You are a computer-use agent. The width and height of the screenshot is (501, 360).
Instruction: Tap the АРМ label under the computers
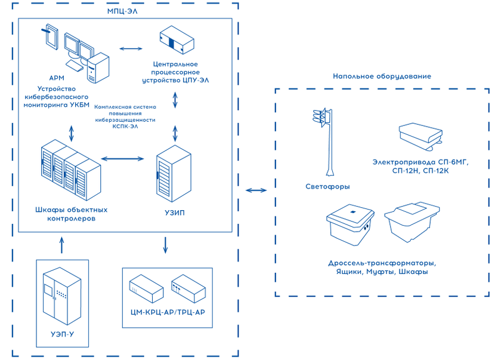[x=57, y=78]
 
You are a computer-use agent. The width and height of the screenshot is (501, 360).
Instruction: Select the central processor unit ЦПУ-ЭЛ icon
[x=177, y=41]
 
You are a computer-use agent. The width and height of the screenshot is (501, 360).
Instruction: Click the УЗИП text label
[x=173, y=213]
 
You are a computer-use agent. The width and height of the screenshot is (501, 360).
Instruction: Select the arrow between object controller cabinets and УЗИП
[x=123, y=159]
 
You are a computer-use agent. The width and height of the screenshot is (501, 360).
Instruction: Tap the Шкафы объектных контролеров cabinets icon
[x=66, y=170]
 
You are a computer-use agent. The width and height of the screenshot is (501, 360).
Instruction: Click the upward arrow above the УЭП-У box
[x=61, y=244]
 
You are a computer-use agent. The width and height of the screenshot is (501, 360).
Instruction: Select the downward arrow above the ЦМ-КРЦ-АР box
[x=165, y=244]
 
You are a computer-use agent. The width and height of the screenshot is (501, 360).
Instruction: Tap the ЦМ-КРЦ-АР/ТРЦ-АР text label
[x=167, y=312]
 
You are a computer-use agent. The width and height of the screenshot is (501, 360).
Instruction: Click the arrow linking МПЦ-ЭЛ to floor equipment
[x=256, y=190]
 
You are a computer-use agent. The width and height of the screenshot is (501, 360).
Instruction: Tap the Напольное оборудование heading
[x=382, y=76]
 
